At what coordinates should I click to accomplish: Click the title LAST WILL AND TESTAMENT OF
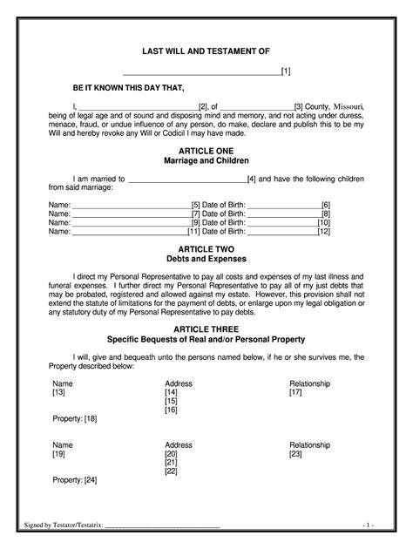pyautogui.click(x=206, y=52)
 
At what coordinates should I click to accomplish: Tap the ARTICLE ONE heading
pyautogui.click(x=206, y=151)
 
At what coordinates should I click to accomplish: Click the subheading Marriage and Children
pyautogui.click(x=206, y=161)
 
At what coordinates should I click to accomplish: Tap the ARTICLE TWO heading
pyautogui.click(x=206, y=248)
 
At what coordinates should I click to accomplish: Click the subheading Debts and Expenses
pyautogui.click(x=206, y=259)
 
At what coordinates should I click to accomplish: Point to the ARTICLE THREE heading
pyautogui.click(x=206, y=329)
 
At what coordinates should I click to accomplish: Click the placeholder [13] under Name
pyautogui.click(x=59, y=392)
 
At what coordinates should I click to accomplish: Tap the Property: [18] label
pyautogui.click(x=75, y=419)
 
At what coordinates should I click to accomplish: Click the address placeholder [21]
pyautogui.click(x=172, y=462)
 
